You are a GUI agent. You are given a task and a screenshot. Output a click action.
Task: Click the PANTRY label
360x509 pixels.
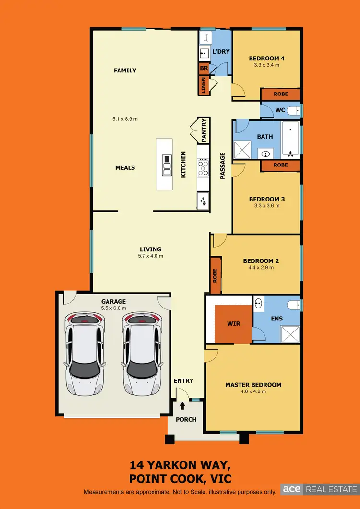click(204, 130)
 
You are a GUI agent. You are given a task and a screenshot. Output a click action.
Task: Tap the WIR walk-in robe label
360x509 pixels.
click(233, 324)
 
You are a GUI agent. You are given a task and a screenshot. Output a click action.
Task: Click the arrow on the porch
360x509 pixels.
click(182, 406)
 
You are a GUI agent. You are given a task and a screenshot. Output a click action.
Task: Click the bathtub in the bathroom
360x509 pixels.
click(290, 139)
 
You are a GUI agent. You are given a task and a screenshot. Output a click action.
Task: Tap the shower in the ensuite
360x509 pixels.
click(289, 332)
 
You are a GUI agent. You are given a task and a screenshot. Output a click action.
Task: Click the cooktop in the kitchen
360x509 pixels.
click(203, 167)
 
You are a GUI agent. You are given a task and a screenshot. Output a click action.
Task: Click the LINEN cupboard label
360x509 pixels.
click(204, 86)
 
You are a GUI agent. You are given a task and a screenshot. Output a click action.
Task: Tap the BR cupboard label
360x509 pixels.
click(204, 69)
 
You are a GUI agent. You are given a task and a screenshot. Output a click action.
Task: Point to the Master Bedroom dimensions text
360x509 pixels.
click(253, 391)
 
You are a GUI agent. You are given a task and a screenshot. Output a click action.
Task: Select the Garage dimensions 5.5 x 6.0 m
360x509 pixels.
click(113, 308)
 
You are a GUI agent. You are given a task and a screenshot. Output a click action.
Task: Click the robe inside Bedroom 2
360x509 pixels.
click(216, 275)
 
